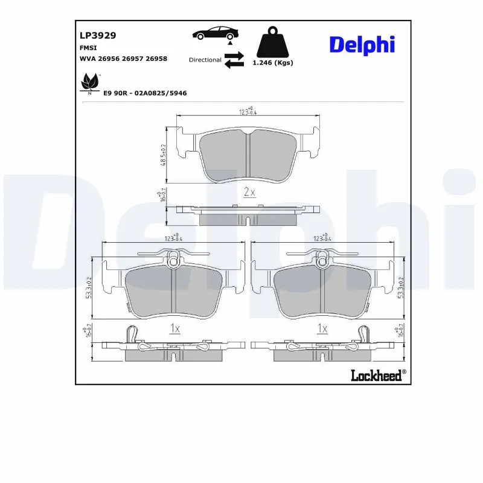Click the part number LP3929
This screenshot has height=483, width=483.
pos(97,36)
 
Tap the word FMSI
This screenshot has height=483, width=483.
pos(89,48)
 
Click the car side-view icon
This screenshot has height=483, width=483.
pos(214,33)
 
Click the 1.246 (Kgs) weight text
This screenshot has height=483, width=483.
pos(273,63)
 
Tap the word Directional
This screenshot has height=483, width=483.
pos(205,60)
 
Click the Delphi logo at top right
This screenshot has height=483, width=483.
pos(362,44)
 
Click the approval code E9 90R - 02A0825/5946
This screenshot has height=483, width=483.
pos(145,94)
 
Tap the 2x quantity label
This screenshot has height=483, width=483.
pos(249,193)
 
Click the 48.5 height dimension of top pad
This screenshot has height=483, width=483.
pos(163,155)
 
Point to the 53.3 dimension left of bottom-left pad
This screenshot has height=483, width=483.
pos(90,287)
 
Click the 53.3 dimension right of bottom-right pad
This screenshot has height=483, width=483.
pos(400,287)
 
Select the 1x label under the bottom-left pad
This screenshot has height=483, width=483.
pos(174,329)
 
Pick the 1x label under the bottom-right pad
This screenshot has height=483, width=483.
pos(322,329)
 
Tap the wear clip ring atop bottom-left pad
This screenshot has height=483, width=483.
pos(174,261)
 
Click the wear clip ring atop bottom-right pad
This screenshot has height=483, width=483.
pos(322,261)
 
